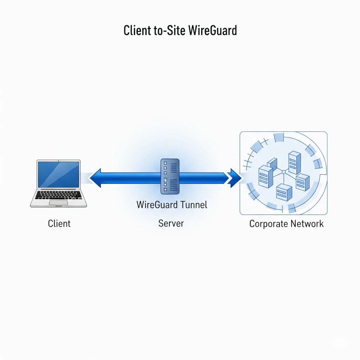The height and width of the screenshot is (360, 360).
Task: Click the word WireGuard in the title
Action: coord(213,30)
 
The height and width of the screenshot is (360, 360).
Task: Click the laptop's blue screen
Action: coord(59,174)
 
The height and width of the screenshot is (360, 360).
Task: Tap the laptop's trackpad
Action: coord(59,202)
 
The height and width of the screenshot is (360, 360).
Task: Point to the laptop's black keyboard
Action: coord(59,195)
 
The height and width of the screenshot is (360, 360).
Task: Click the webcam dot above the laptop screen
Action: coord(58,161)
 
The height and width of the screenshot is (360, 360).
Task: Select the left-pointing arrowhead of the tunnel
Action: coord(95,178)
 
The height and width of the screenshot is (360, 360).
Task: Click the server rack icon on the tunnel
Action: coord(170,176)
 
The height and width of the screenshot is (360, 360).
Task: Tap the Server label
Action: coord(171,223)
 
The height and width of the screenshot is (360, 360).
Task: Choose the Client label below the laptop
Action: coord(59,224)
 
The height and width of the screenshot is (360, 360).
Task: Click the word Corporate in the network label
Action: coord(268,224)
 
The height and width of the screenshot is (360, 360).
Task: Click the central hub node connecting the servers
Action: coord(284,172)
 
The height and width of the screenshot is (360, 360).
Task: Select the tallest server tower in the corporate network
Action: coord(295,162)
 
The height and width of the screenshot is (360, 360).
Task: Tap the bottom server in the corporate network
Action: coord(284,192)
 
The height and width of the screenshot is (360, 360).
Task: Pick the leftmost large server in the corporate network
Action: coord(266,176)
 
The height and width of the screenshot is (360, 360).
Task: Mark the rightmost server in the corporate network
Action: coord(303,182)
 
